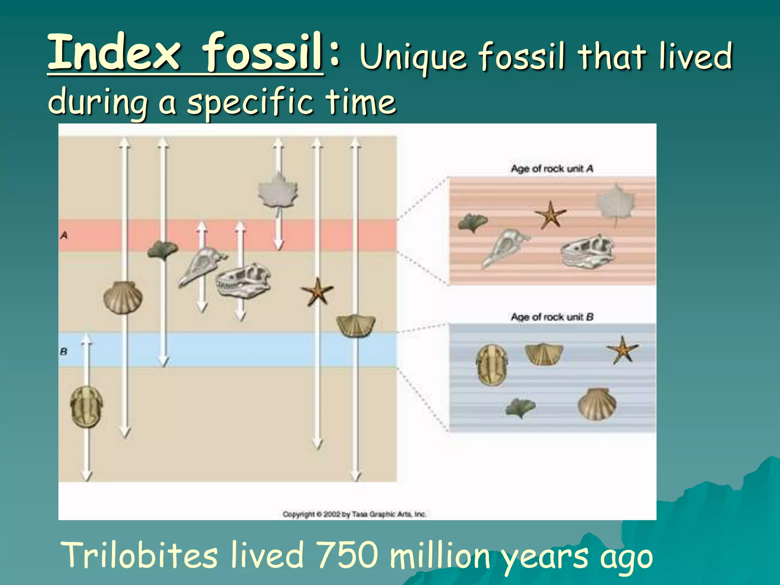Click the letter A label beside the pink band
click(64, 235)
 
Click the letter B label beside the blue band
click(64, 351)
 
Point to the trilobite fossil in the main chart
click(86, 406)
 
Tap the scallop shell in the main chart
click(123, 297)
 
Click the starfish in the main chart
click(317, 292)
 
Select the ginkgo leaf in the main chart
click(163, 250)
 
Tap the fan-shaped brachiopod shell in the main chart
click(356, 326)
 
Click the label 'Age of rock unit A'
click(552, 168)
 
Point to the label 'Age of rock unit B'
click(552, 316)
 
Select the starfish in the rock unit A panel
click(550, 215)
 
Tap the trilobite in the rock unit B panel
click(492, 364)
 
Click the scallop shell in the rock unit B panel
click(597, 404)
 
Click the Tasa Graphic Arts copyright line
click(354, 514)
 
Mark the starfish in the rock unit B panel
click(622, 349)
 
